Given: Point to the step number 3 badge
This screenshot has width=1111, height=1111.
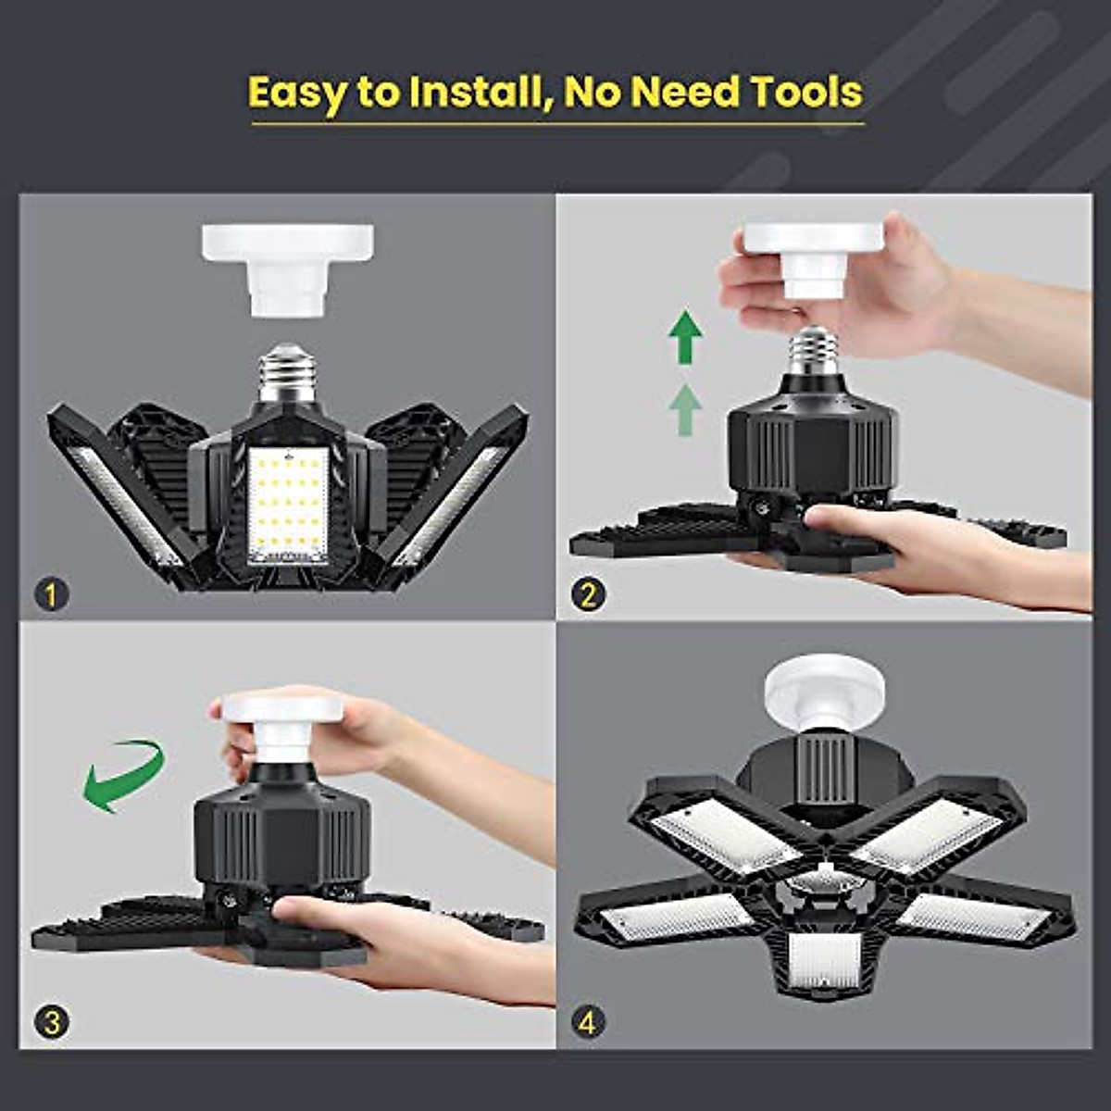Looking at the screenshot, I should coord(52,1022).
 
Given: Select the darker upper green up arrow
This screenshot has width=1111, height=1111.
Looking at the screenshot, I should coord(685,339).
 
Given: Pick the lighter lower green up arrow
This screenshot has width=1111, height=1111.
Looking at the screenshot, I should coord(684,409).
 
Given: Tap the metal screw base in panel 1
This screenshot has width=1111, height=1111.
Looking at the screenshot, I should coord(287,370).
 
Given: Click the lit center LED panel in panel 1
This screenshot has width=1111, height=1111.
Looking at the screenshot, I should coord(288,505).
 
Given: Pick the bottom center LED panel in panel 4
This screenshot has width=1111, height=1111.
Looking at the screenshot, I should coord(824,959).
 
